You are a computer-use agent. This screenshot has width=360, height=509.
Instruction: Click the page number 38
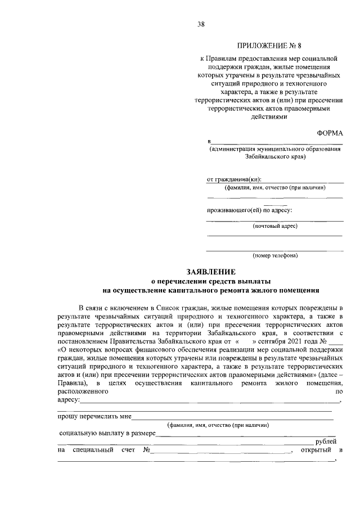click(x=201, y=24)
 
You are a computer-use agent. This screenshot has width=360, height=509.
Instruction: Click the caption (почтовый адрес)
click(x=275, y=226)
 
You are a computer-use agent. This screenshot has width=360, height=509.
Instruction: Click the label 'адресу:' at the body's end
click(x=69, y=400)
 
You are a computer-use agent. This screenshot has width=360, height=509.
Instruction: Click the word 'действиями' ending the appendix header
click(x=274, y=117)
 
